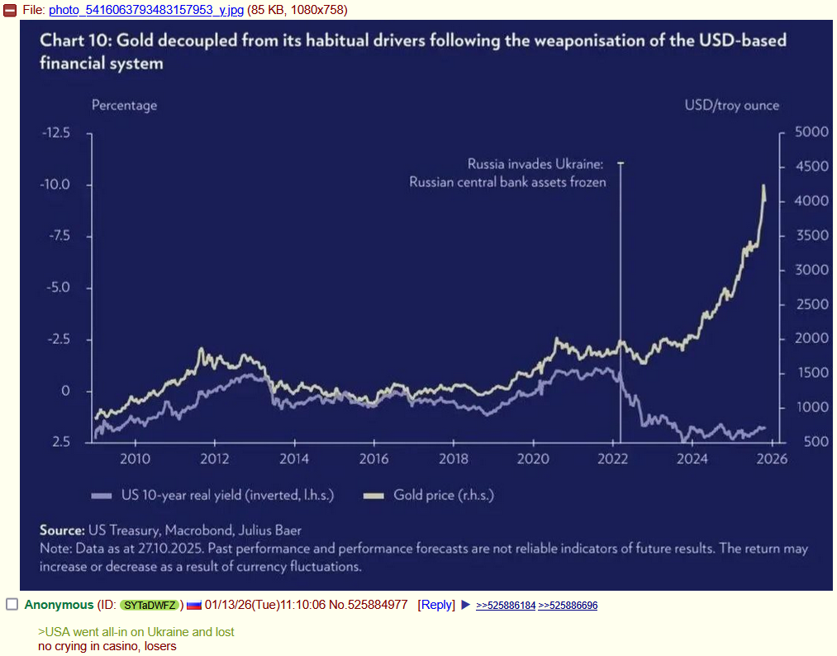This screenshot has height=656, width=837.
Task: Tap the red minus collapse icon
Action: pos(11,10)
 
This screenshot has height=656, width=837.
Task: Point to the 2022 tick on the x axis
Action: pos(613,459)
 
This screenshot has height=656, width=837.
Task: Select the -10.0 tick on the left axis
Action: pos(56,184)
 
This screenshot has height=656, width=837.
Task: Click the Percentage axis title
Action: pos(124,105)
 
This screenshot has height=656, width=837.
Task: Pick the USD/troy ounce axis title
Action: pos(731,105)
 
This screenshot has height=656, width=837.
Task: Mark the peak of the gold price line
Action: pos(763,186)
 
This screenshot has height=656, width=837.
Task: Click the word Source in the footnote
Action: pos(62,530)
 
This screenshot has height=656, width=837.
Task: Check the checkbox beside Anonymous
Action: pos(12,605)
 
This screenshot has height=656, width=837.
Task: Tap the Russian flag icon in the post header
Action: pos(194,606)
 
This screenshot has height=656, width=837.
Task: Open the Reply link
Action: pos(436,605)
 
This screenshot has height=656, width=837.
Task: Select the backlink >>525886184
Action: pos(506,606)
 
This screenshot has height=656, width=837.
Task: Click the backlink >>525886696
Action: pos(568,606)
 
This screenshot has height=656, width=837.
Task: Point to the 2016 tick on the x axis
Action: pos(373,459)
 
